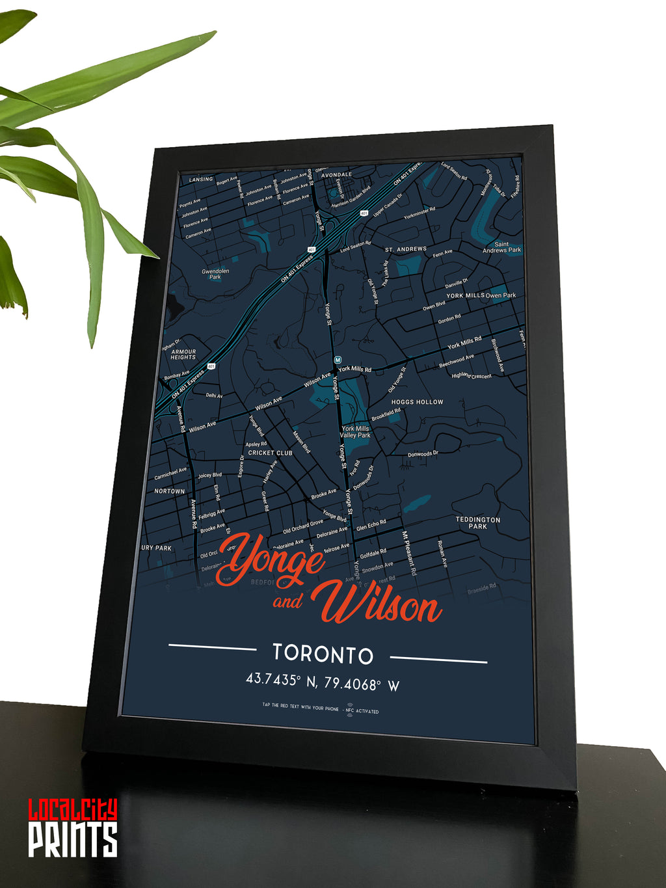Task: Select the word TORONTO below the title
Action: click(323, 654)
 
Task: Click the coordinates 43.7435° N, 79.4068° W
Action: click(322, 681)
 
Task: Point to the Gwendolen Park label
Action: click(215, 274)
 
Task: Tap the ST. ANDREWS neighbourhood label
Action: click(406, 249)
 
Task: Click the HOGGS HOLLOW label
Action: click(417, 402)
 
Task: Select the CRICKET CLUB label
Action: click(270, 453)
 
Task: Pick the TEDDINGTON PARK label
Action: click(477, 523)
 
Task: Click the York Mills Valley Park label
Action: click(355, 432)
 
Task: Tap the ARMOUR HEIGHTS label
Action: click(183, 355)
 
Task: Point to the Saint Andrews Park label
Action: click(501, 247)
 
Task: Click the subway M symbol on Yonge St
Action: click(338, 360)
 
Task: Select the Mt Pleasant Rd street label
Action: click(408, 553)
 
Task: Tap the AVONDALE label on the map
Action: click(336, 175)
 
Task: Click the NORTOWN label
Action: click(169, 491)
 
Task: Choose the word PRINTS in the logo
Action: click(72, 839)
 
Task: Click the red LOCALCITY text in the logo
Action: click(72, 810)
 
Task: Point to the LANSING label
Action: click(200, 180)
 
